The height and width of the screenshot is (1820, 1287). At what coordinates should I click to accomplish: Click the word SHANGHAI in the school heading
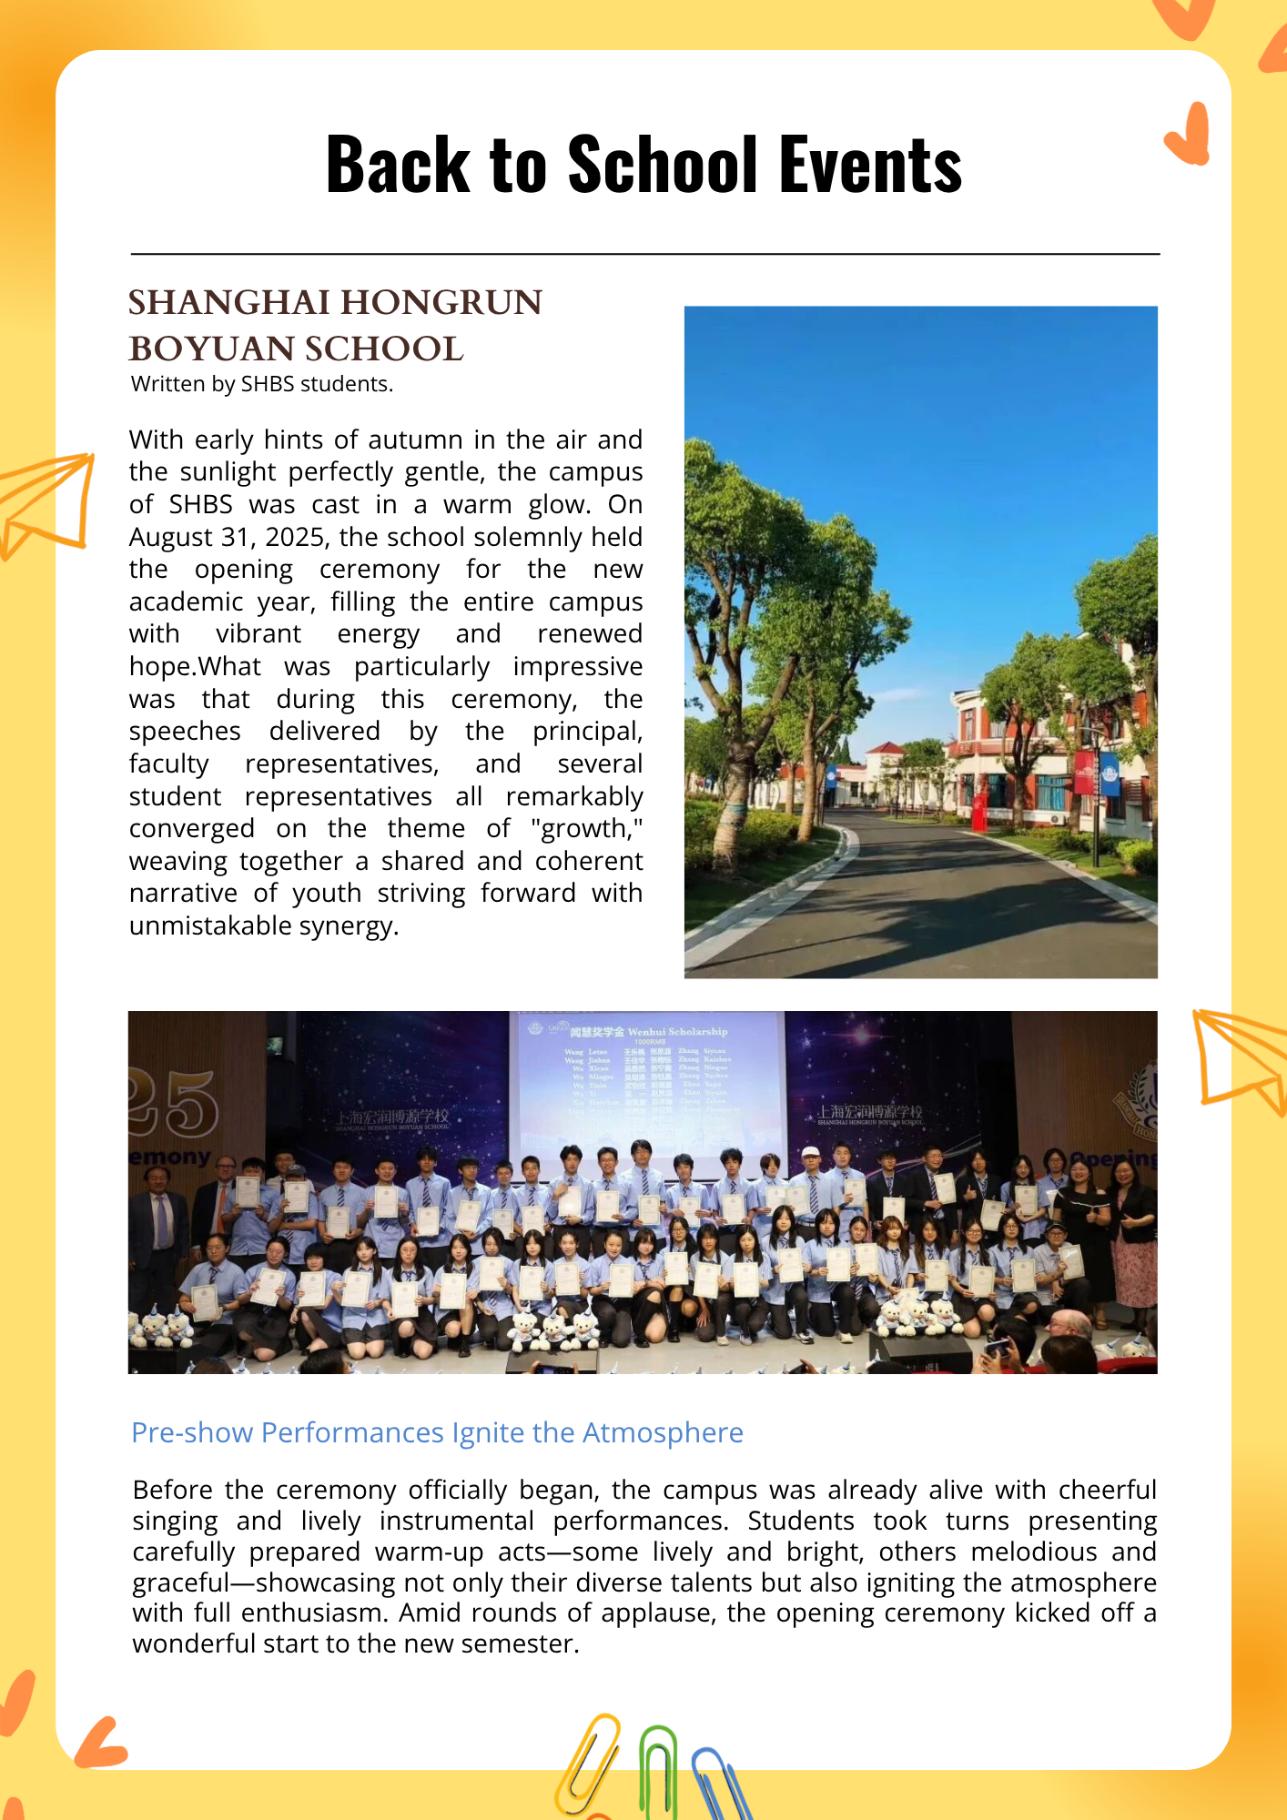click(228, 303)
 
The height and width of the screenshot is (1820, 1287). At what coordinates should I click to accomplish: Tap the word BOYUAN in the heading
click(212, 349)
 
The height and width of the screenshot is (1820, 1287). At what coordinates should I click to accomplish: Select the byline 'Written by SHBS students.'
click(262, 384)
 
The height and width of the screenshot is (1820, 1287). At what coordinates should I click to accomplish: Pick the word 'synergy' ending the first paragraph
click(349, 925)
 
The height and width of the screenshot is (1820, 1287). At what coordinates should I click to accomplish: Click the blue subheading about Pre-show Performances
click(437, 1432)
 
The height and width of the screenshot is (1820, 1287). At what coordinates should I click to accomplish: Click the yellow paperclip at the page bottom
click(586, 1765)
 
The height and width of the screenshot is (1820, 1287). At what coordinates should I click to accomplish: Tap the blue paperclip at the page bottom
click(721, 1784)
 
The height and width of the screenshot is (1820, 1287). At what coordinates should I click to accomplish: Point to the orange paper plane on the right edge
click(1242, 1060)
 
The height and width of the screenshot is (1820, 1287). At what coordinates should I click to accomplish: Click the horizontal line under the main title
click(644, 254)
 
